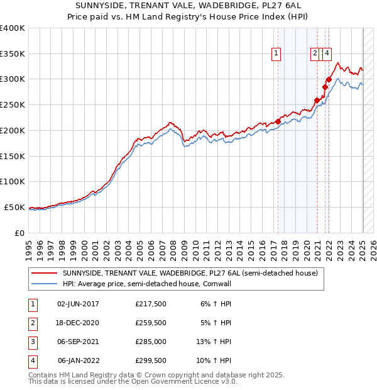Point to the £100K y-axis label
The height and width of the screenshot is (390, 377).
[13, 181]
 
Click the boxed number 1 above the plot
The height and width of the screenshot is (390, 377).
[276, 54]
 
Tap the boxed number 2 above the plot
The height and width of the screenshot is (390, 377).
[315, 54]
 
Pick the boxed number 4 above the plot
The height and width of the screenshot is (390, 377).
[327, 54]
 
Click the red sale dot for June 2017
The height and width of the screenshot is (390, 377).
[278, 121]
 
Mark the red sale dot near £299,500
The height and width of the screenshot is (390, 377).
[329, 79]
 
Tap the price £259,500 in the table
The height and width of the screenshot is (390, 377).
[151, 323]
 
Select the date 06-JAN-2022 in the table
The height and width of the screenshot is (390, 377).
[79, 360]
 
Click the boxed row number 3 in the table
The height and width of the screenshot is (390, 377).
[33, 342]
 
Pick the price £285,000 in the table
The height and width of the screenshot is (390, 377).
[151, 342]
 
